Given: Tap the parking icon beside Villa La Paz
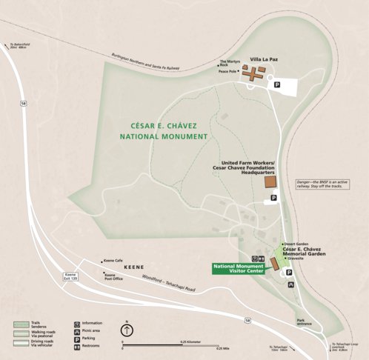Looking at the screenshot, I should [x=278, y=85].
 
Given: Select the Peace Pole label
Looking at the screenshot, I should [x=228, y=71].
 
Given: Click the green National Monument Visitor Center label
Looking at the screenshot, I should [x=239, y=269].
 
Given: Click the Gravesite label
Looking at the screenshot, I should [x=300, y=259].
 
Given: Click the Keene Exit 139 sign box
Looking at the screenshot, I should [x=71, y=277].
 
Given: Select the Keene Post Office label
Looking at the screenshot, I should [x=114, y=276].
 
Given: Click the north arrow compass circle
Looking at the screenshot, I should [x=127, y=331].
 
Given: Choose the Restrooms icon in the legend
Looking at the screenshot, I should [x=78, y=344].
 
